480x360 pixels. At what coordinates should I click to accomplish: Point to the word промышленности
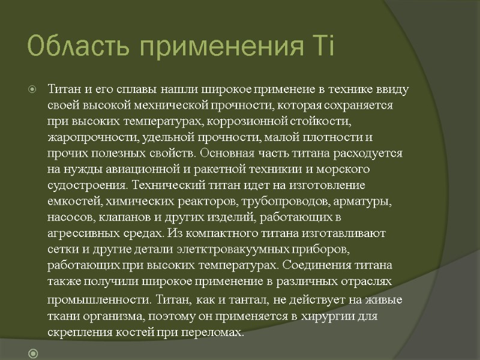tap(97, 299)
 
